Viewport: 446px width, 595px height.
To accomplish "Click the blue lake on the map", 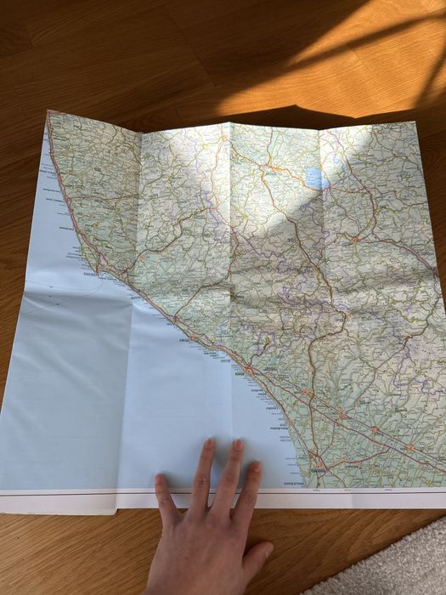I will (x=316, y=178).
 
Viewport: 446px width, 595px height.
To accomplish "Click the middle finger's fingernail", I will (x=209, y=444).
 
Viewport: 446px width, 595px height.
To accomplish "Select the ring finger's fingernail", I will (x=238, y=445).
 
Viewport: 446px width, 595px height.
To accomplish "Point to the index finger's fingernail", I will (x=161, y=481).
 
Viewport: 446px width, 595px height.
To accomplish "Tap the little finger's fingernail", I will (x=256, y=467).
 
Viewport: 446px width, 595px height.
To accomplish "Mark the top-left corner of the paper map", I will (x=49, y=111).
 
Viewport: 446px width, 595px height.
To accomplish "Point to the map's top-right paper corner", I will (x=414, y=122).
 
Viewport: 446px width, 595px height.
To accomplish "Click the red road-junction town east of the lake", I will (x=354, y=239).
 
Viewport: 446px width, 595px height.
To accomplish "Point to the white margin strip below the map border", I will (x=357, y=497).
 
